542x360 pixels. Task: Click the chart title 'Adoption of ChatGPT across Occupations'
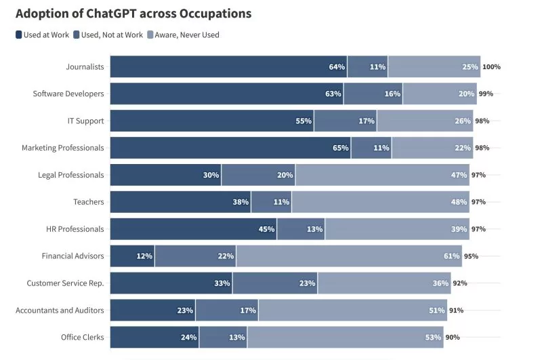coord(133,14)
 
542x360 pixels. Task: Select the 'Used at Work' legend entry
coord(42,35)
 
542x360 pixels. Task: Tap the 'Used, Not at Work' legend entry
coord(108,35)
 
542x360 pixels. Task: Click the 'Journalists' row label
coord(85,66)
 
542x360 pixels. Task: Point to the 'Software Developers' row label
coord(68,94)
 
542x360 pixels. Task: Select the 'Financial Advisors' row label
coord(72,256)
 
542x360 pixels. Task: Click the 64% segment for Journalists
coord(228,66)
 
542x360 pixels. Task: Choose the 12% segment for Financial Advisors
coord(132,256)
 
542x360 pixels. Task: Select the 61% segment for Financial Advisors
coord(349,256)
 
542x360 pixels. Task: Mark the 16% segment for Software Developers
coord(373,94)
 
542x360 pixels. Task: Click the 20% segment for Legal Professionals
coord(258,175)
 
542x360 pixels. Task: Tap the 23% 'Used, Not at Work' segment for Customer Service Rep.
coord(275,283)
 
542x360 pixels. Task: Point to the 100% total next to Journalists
coord(491,67)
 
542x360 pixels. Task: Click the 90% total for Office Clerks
coord(453,338)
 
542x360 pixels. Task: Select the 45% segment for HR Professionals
coord(194,229)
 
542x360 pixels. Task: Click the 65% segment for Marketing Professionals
coord(230,148)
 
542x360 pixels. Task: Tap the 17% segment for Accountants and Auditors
coord(226,311)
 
